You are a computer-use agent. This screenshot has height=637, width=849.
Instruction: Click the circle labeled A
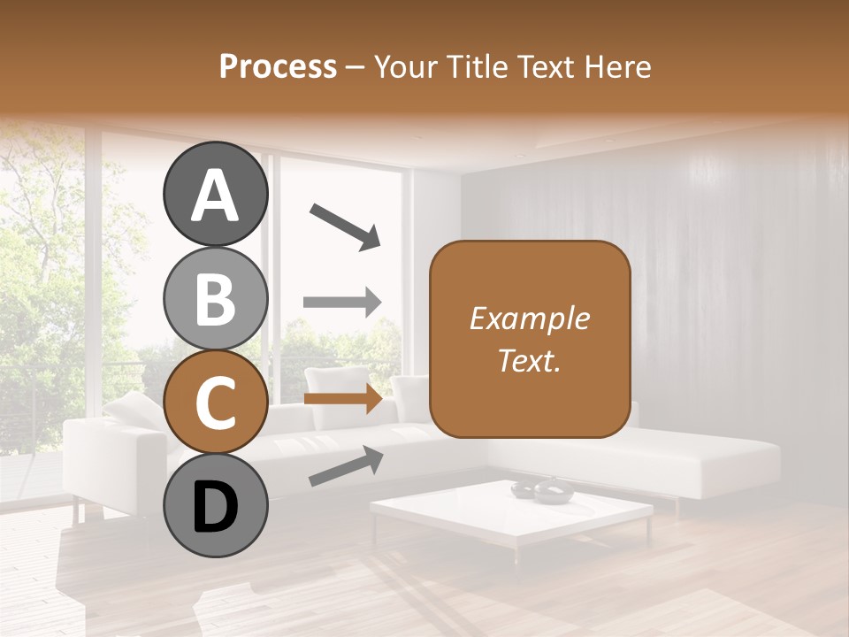(215, 194)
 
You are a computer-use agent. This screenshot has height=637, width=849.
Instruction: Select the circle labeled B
(215, 298)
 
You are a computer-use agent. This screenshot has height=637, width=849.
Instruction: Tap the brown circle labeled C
(215, 403)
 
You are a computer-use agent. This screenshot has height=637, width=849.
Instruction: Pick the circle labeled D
(215, 506)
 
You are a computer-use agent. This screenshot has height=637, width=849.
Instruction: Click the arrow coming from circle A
(344, 225)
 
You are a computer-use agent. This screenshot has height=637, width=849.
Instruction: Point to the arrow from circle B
(342, 302)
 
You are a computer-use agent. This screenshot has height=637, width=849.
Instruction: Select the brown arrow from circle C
(342, 399)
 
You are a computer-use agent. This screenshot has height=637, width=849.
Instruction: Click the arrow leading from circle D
(345, 466)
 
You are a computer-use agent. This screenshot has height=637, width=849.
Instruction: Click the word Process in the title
(278, 66)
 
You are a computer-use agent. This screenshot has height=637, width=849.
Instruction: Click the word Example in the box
(529, 318)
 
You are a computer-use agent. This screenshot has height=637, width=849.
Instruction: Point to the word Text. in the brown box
(529, 360)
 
